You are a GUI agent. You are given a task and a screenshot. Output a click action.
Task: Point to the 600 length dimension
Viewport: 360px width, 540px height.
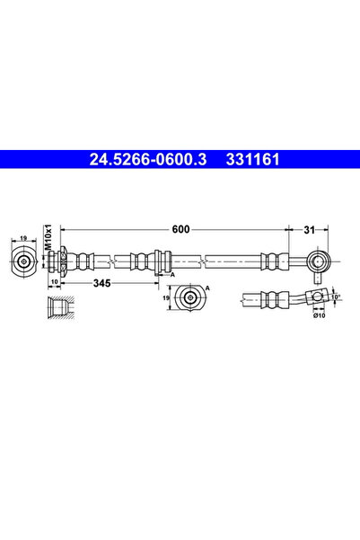pos(181,230)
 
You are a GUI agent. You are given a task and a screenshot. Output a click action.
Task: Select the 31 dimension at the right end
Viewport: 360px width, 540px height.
pos(310,230)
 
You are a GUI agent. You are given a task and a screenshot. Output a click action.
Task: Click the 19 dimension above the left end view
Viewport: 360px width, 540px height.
pos(23,240)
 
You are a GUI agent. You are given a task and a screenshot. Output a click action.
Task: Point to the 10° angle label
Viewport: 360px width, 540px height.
pos(336,296)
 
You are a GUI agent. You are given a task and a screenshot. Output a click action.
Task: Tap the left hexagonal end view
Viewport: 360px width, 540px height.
pos(23,261)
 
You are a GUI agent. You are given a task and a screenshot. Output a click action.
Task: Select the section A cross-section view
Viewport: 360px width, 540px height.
pos(190,297)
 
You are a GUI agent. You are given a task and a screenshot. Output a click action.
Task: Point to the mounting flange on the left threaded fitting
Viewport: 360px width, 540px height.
pos(63,261)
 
